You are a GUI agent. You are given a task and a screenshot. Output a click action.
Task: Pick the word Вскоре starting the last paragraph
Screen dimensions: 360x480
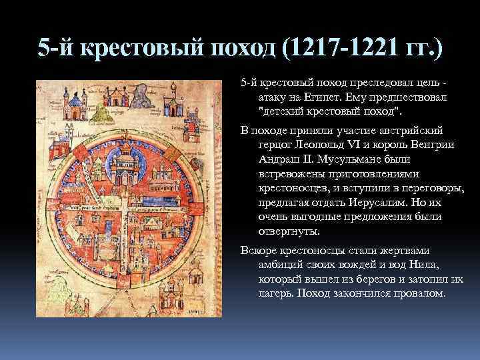(258, 251)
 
